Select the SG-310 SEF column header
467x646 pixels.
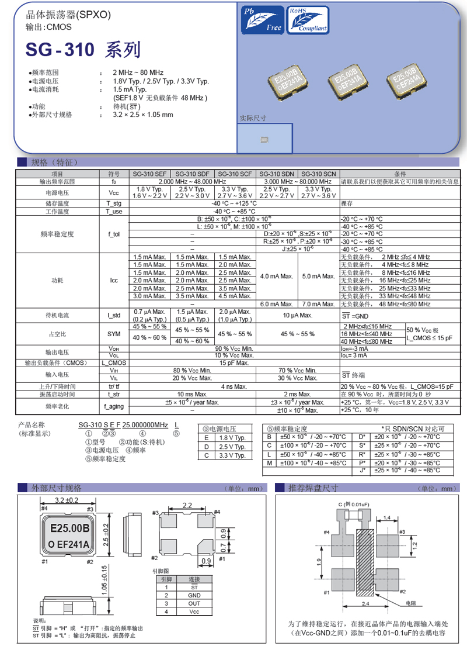tap(149, 174)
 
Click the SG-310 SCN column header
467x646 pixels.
tap(319, 174)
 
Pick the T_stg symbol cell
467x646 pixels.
tap(114, 203)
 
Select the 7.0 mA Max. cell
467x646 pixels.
tap(319, 304)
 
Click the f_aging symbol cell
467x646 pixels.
tap(114, 406)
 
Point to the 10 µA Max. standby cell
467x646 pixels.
tap(298, 315)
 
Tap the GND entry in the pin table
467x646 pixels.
tap(194, 595)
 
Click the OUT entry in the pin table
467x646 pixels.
tap(194, 603)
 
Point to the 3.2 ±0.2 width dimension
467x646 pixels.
tap(67, 500)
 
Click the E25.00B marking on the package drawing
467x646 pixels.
tap(69, 528)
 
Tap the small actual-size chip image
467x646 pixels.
tap(264, 140)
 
